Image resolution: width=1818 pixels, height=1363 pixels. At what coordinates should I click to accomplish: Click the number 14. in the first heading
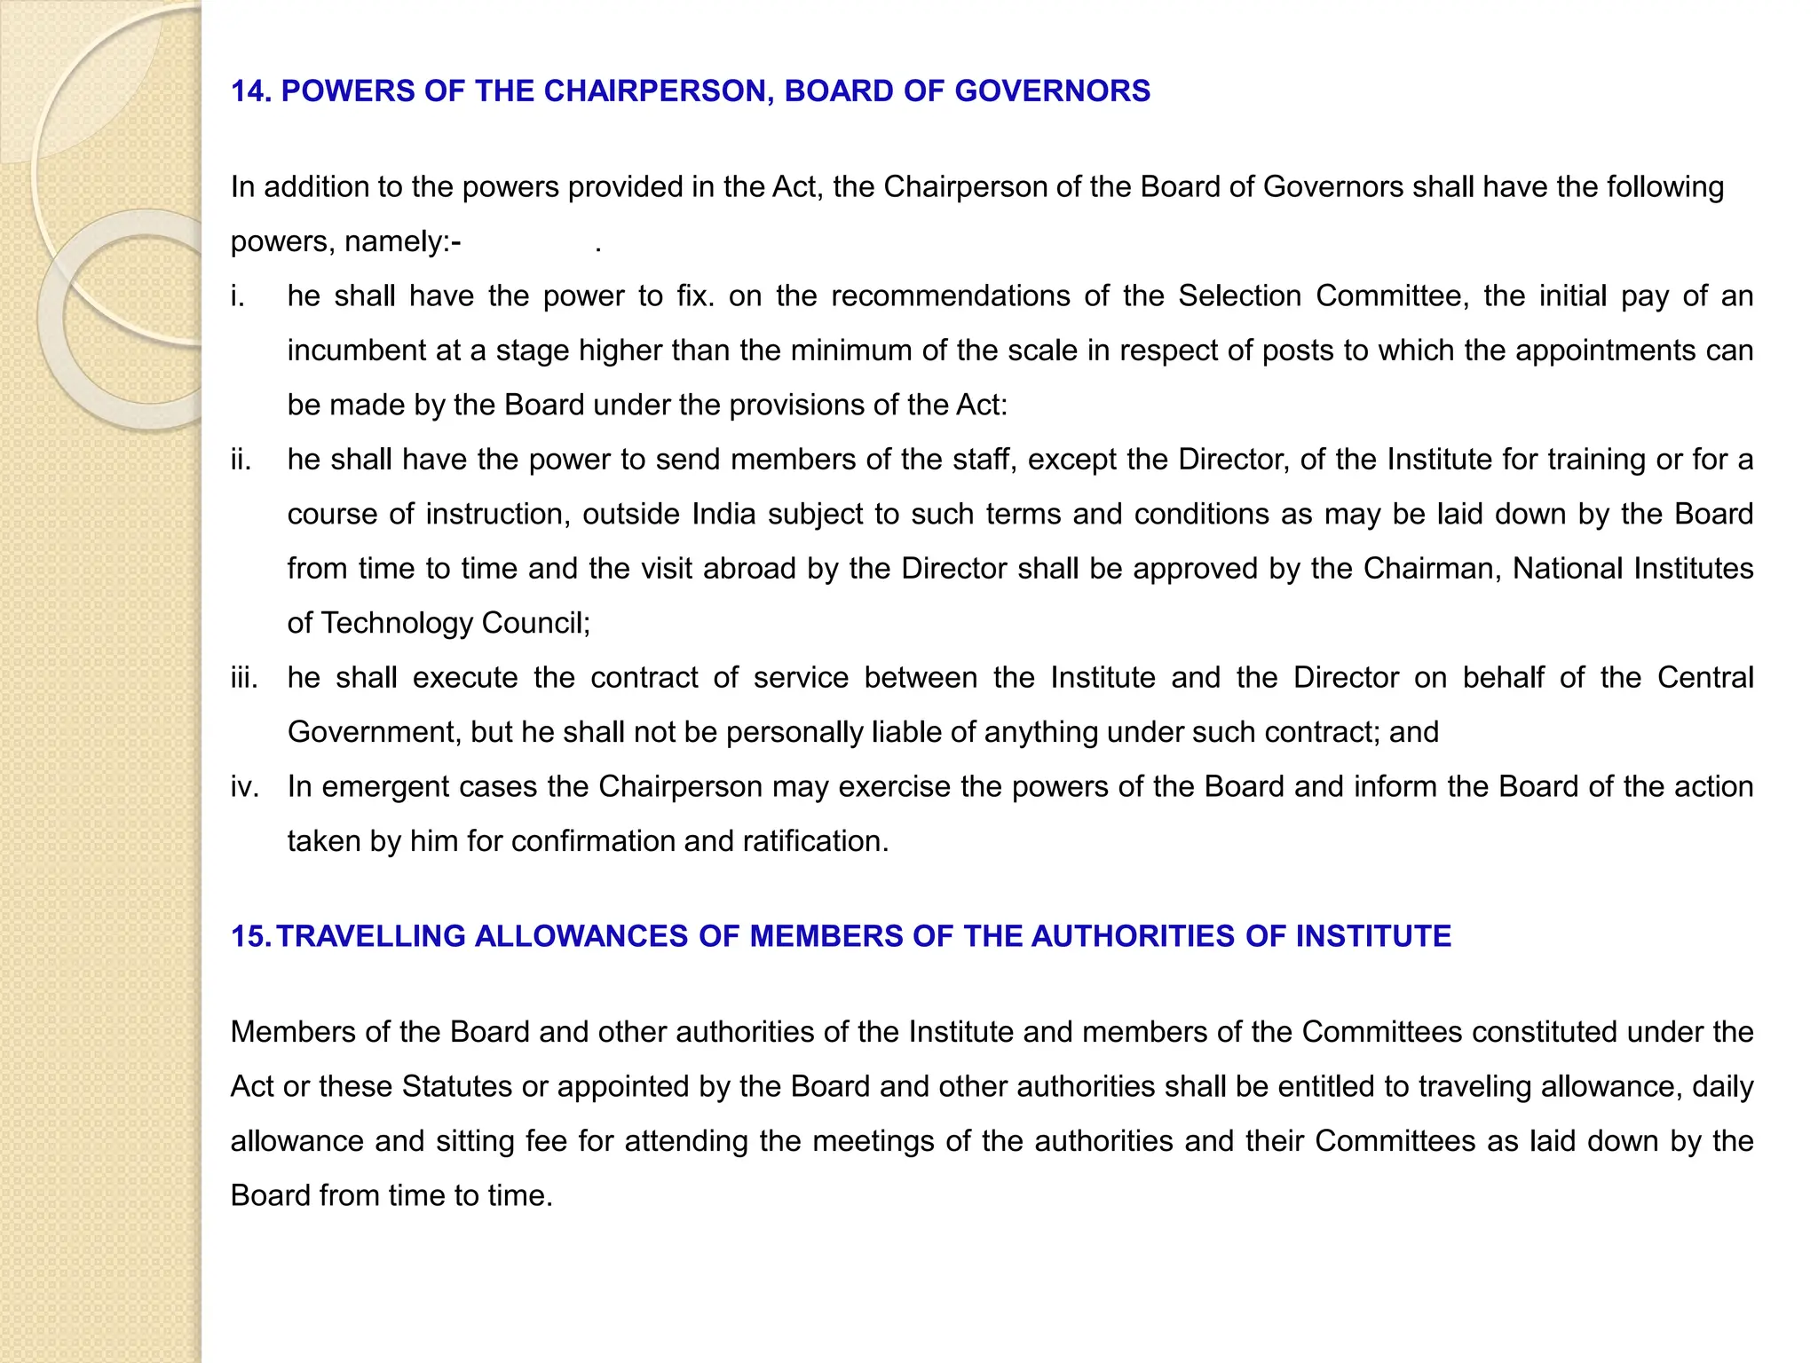251,91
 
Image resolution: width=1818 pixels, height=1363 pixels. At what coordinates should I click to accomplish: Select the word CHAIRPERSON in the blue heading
658,91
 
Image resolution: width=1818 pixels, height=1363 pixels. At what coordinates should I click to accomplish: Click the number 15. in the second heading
251,936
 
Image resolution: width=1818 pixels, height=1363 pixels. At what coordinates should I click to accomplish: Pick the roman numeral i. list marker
237,296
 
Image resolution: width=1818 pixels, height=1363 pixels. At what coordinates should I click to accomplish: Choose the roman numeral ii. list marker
241,460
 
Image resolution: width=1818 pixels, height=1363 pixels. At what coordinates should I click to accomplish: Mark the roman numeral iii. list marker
244,678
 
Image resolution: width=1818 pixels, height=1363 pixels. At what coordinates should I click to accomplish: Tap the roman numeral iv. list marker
244,787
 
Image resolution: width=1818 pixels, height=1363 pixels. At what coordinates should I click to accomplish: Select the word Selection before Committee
1239,296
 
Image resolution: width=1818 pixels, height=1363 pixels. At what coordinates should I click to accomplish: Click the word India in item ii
723,515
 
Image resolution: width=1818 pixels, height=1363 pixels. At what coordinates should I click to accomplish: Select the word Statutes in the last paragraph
457,1087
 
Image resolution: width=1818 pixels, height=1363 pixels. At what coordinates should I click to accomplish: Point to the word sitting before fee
475,1141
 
